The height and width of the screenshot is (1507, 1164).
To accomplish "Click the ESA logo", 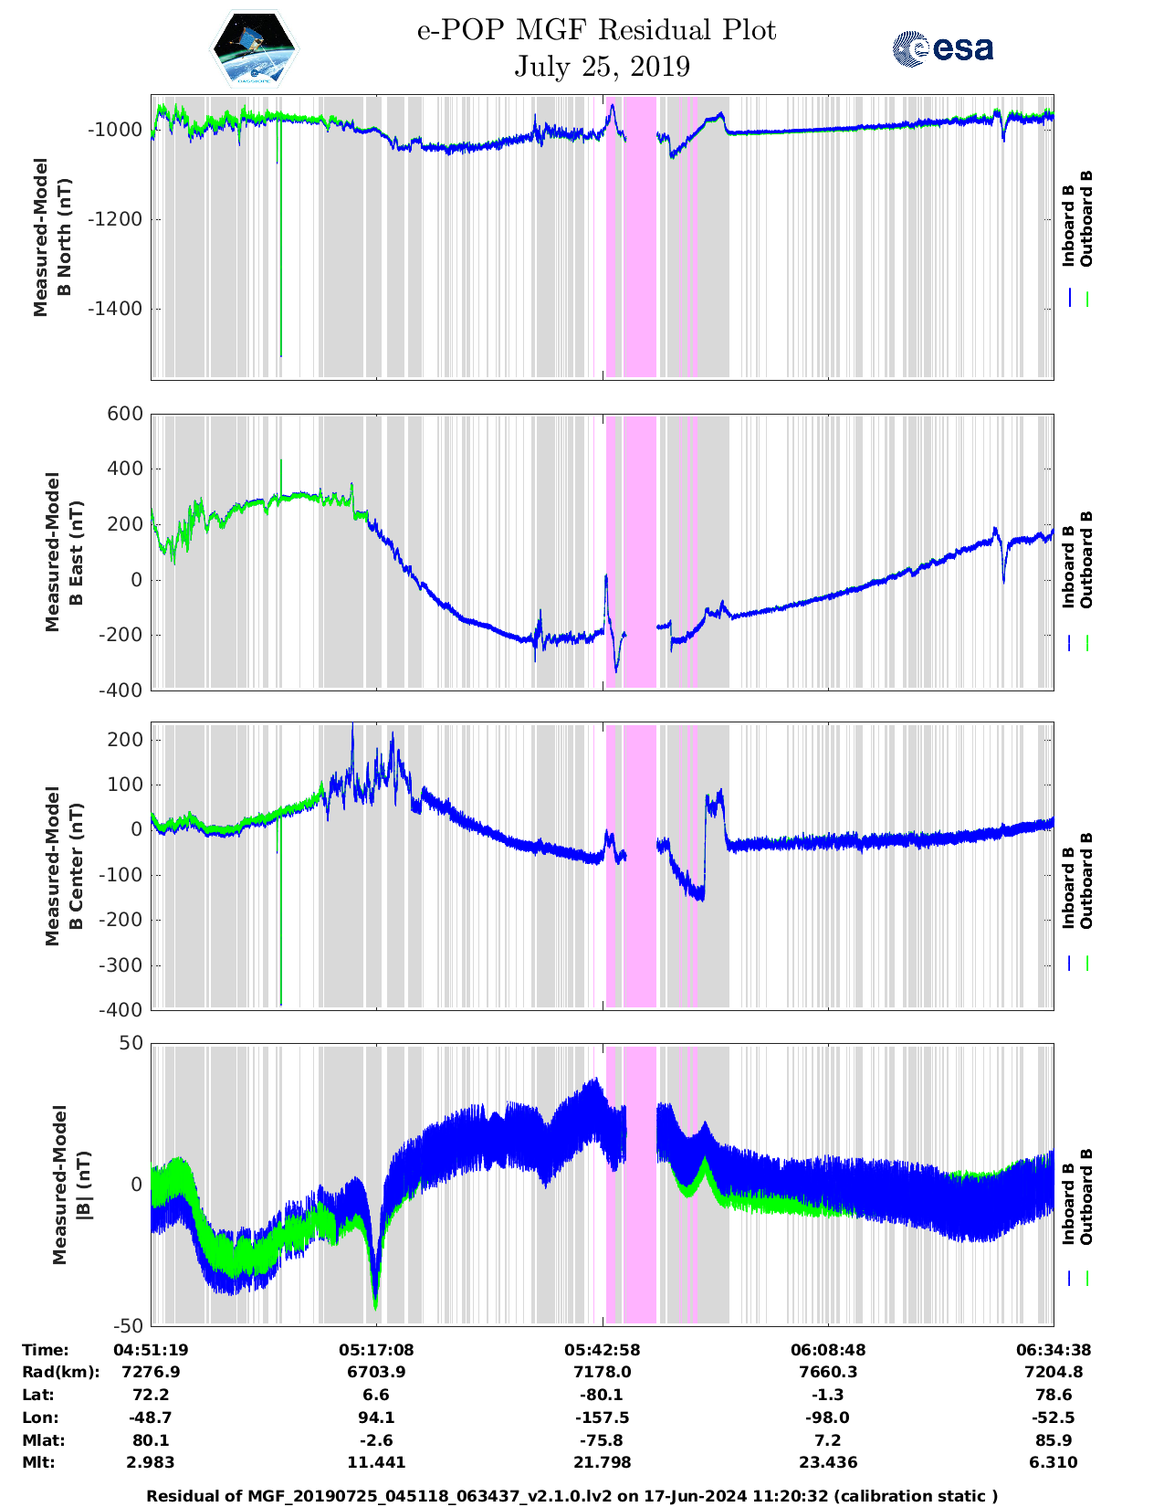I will point(942,48).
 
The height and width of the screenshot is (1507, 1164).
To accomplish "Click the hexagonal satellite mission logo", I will point(255,48).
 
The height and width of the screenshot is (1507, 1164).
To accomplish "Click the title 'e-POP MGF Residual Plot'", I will point(596,30).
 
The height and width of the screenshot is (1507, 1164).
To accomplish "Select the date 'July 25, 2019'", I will point(602,67).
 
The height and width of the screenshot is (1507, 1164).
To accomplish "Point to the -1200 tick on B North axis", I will point(115,219).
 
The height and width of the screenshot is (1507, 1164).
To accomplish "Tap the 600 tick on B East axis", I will point(126,414).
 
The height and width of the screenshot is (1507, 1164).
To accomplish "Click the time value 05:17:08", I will point(376,1349).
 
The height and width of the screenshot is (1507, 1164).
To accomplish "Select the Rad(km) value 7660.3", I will point(828,1372).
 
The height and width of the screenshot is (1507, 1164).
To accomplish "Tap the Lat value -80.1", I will point(602,1395).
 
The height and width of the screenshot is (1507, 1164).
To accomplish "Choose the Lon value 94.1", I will point(376,1417).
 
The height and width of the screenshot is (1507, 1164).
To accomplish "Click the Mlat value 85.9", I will point(1054,1440).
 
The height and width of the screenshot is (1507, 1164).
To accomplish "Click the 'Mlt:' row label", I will point(38,1463).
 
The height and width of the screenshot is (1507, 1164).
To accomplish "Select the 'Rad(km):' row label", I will point(60,1372).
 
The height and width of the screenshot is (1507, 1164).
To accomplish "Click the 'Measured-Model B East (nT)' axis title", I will point(60,552).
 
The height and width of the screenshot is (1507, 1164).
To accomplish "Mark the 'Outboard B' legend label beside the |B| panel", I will point(1086,1196).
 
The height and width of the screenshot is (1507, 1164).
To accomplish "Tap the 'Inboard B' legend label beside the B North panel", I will point(1068,225).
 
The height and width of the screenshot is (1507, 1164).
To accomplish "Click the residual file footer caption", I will point(572,1496).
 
